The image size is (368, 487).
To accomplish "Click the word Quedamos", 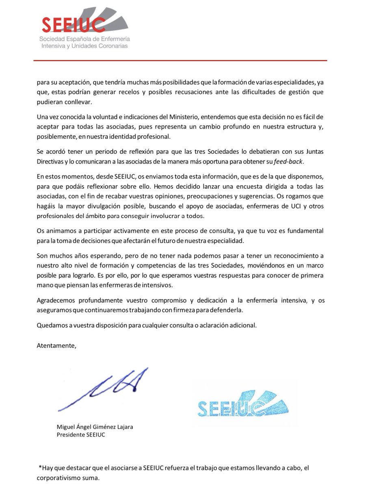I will click(50, 325).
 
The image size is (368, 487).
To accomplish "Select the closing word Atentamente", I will click(56, 346).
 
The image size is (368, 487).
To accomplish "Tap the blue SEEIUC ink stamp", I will click(242, 404).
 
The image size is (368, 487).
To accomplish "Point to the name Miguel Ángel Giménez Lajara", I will click(95, 427).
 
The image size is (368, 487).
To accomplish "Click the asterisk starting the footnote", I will click(40, 468).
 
